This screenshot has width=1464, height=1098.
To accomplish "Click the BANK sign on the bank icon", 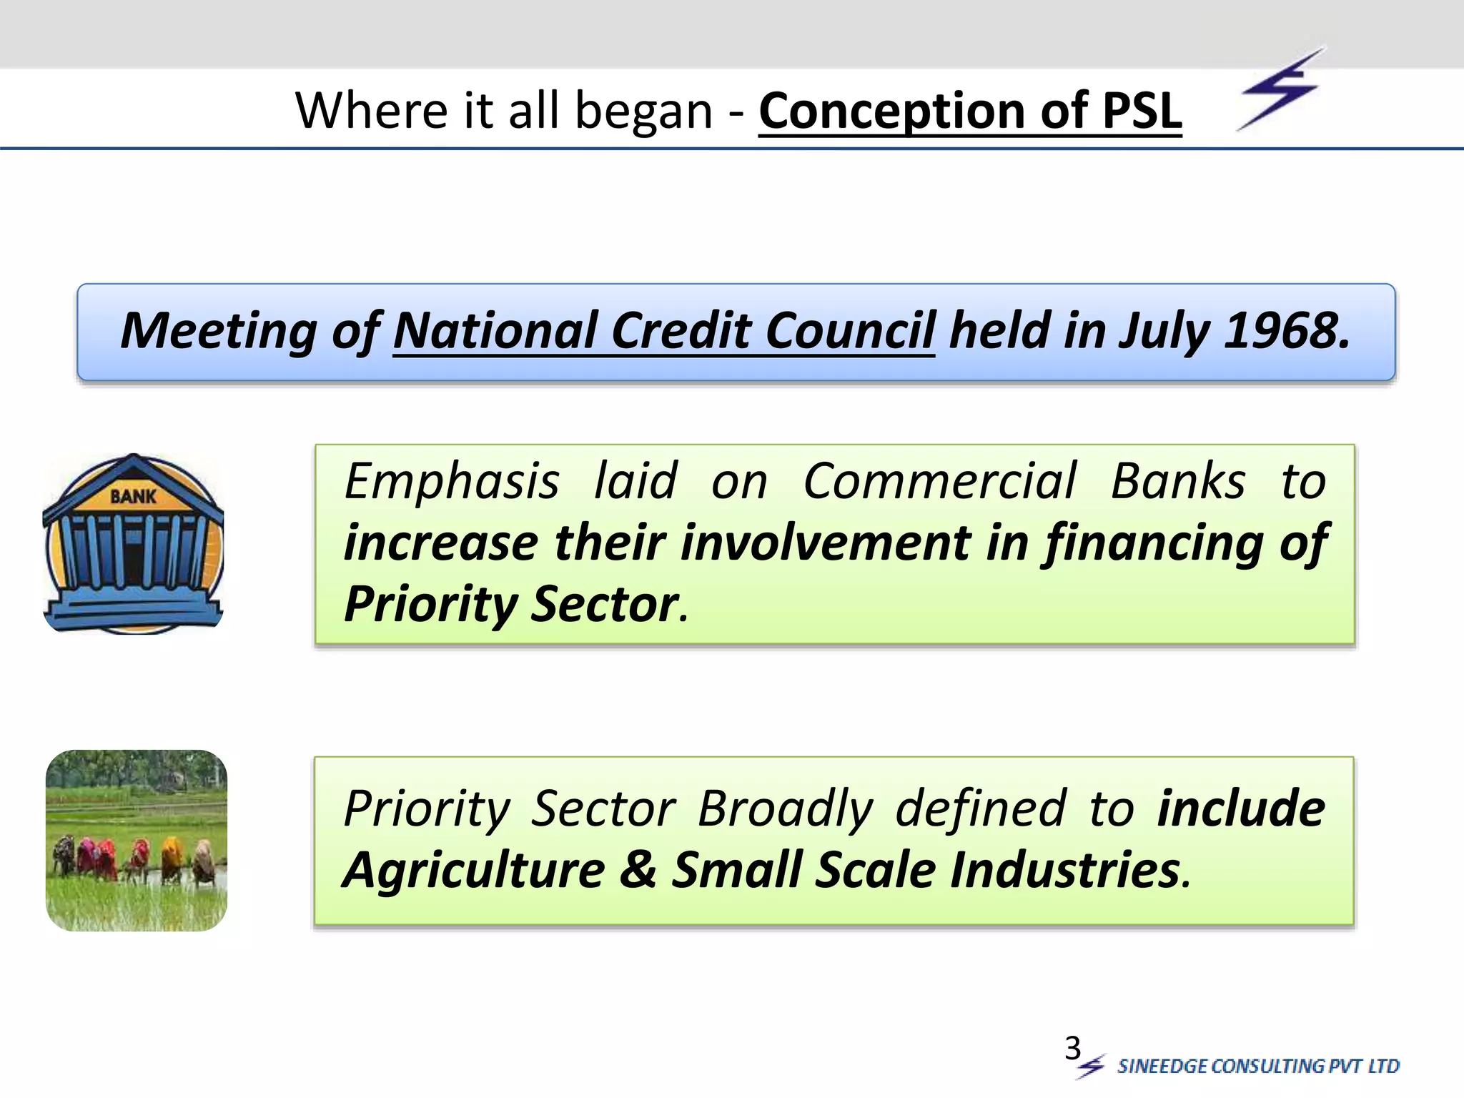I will (x=133, y=495).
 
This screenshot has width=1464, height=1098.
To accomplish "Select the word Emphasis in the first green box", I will (x=452, y=481).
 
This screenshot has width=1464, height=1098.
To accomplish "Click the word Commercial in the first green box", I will (x=939, y=481).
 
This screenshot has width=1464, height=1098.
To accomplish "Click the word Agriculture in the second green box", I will (x=474, y=870).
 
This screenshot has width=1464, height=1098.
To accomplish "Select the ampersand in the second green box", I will (x=638, y=870).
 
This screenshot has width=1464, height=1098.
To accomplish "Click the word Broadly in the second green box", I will (x=785, y=809).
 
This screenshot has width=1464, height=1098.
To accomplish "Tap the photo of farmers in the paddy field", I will (x=137, y=840).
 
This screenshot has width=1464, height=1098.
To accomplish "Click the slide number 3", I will (x=1072, y=1048).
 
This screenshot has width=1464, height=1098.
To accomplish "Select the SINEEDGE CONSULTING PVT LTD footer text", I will (x=1257, y=1066).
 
